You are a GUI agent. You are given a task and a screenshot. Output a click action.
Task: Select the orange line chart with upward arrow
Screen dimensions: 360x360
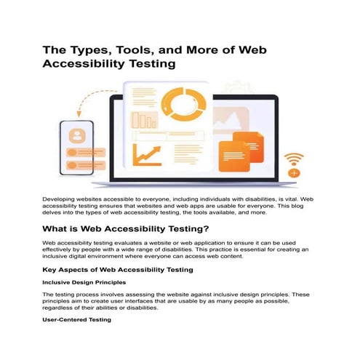[x=148, y=154]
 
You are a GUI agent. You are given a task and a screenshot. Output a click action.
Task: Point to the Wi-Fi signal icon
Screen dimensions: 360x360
[x=294, y=159]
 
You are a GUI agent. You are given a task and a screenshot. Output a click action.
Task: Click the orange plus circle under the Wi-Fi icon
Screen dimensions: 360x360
[x=294, y=173]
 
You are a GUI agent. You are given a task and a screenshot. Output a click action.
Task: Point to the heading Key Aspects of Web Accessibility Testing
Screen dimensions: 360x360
[x=118, y=270]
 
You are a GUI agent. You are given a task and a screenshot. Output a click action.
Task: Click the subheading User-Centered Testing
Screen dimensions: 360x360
[x=76, y=320]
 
